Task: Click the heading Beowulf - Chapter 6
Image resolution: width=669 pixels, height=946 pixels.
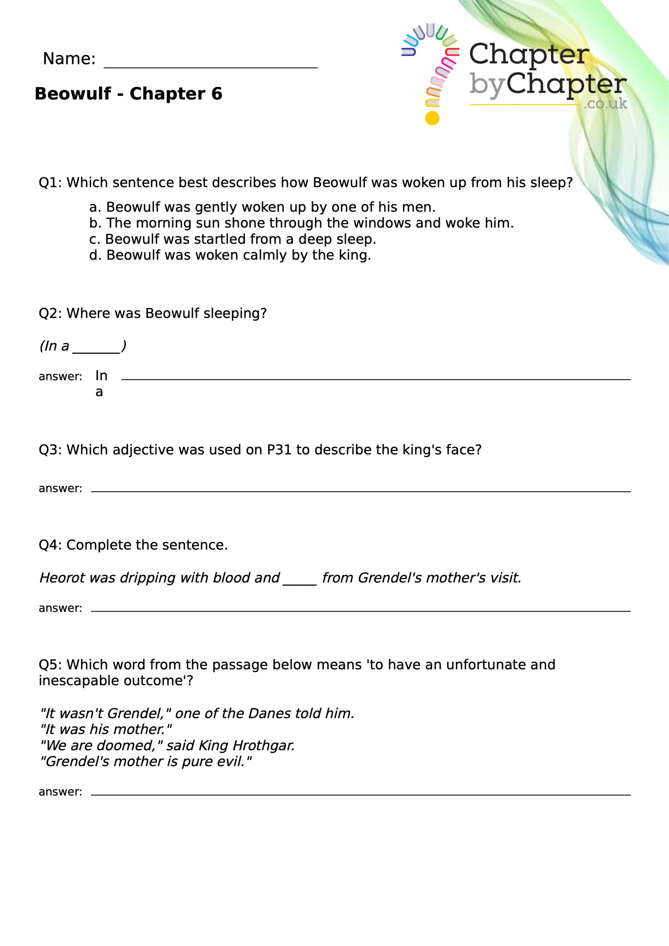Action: [128, 94]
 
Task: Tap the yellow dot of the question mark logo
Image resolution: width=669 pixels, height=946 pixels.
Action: [432, 118]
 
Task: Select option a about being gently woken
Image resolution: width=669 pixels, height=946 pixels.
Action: [262, 207]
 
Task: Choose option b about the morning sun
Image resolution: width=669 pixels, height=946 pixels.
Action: [301, 223]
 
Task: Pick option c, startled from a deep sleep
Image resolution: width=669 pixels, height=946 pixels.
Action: [233, 239]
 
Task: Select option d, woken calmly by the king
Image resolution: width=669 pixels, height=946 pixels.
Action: [230, 255]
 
